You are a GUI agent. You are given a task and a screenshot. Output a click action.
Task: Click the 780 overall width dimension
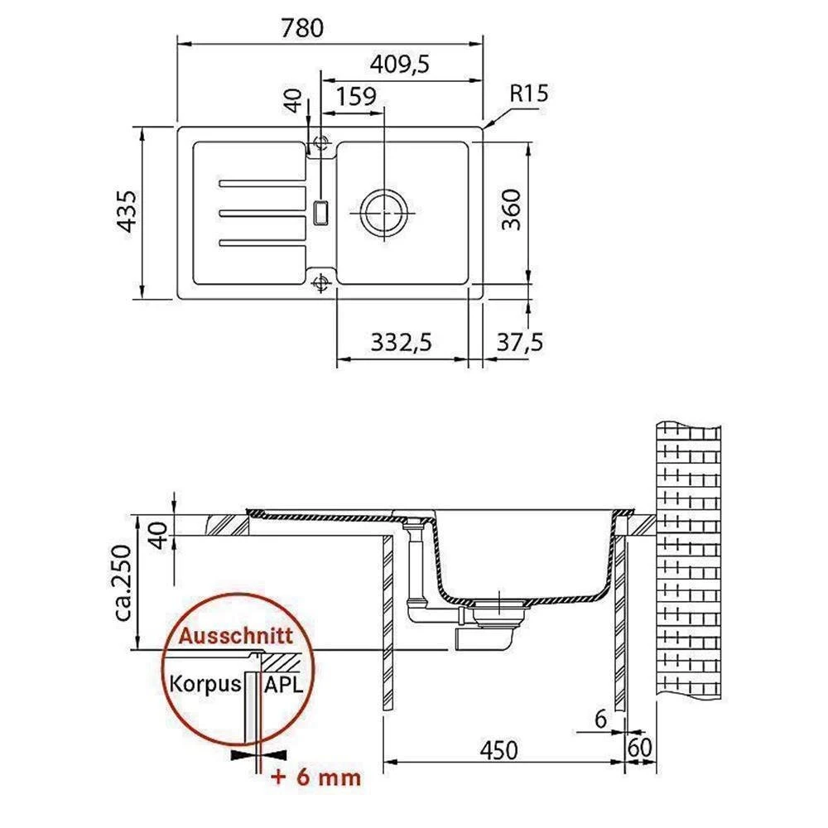[302, 27]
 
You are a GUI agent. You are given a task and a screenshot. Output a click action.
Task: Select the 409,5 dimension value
[400, 65]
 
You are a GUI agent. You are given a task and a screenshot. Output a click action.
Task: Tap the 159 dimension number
[356, 97]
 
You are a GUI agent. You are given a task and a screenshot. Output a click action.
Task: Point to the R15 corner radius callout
[528, 94]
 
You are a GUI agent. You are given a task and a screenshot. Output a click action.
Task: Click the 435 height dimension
[127, 211]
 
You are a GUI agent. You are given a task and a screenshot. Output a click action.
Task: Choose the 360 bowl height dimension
[511, 209]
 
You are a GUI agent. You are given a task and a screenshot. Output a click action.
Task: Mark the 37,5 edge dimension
[520, 342]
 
